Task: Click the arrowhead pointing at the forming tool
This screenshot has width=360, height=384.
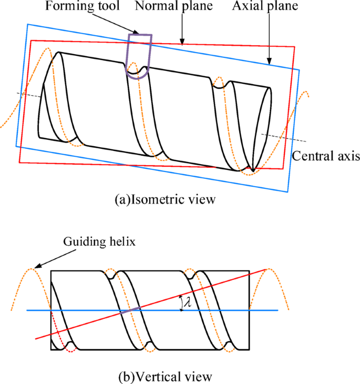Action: pos(137,34)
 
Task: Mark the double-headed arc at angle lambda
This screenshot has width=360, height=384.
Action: pos(181,302)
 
